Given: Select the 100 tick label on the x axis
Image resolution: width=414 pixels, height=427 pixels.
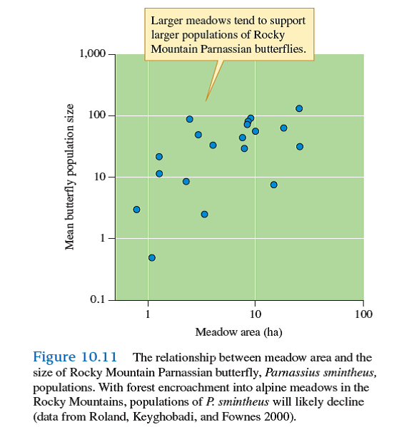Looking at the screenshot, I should click(x=363, y=314).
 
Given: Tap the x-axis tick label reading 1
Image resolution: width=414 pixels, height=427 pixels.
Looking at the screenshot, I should click(x=148, y=314).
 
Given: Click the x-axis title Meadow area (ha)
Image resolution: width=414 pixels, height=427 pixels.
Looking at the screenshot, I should click(x=234, y=332).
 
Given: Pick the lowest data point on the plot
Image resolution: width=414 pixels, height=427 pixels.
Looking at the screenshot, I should click(x=151, y=257).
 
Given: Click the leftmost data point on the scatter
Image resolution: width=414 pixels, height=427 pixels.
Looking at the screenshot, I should click(x=136, y=210).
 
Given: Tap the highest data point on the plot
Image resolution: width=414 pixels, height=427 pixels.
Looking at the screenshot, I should click(x=299, y=108).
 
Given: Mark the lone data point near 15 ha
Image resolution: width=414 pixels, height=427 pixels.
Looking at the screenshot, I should click(x=273, y=185).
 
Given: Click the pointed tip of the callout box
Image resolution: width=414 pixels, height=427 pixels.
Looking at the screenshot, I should click(x=207, y=99).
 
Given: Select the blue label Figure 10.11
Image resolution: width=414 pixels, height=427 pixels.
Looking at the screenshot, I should click(x=78, y=357).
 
